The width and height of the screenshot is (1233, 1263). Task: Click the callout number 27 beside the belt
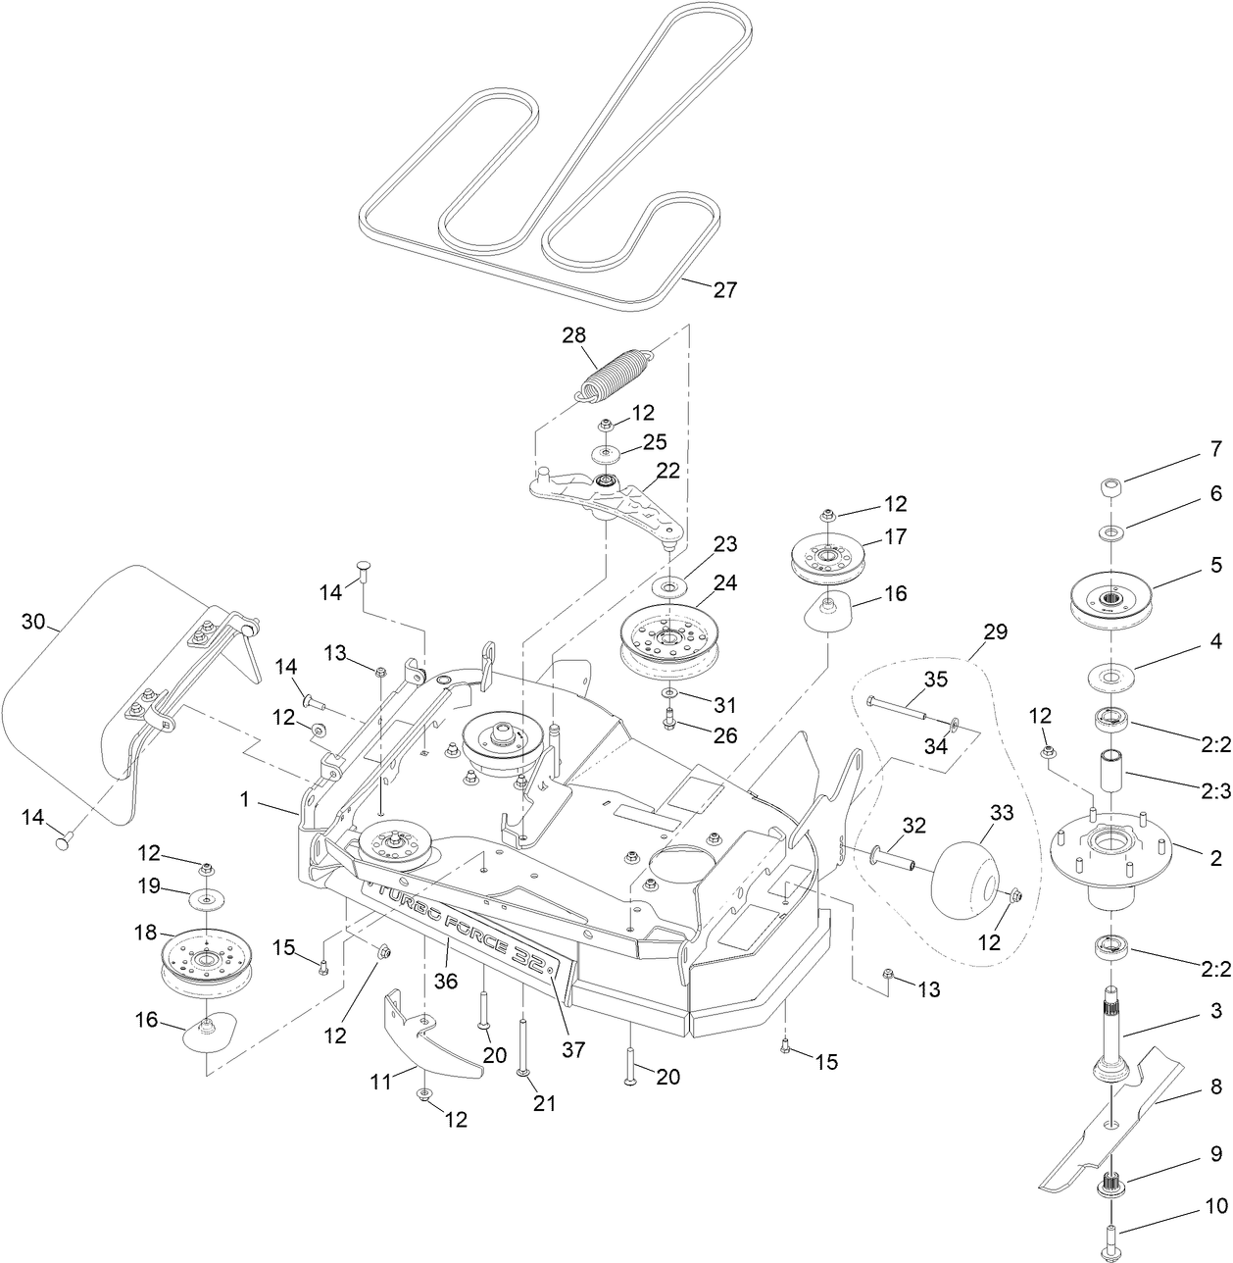724,289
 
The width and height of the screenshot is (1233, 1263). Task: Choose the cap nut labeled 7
1110,487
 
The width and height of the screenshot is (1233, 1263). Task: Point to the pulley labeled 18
208,961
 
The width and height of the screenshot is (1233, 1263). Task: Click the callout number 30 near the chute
33,622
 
